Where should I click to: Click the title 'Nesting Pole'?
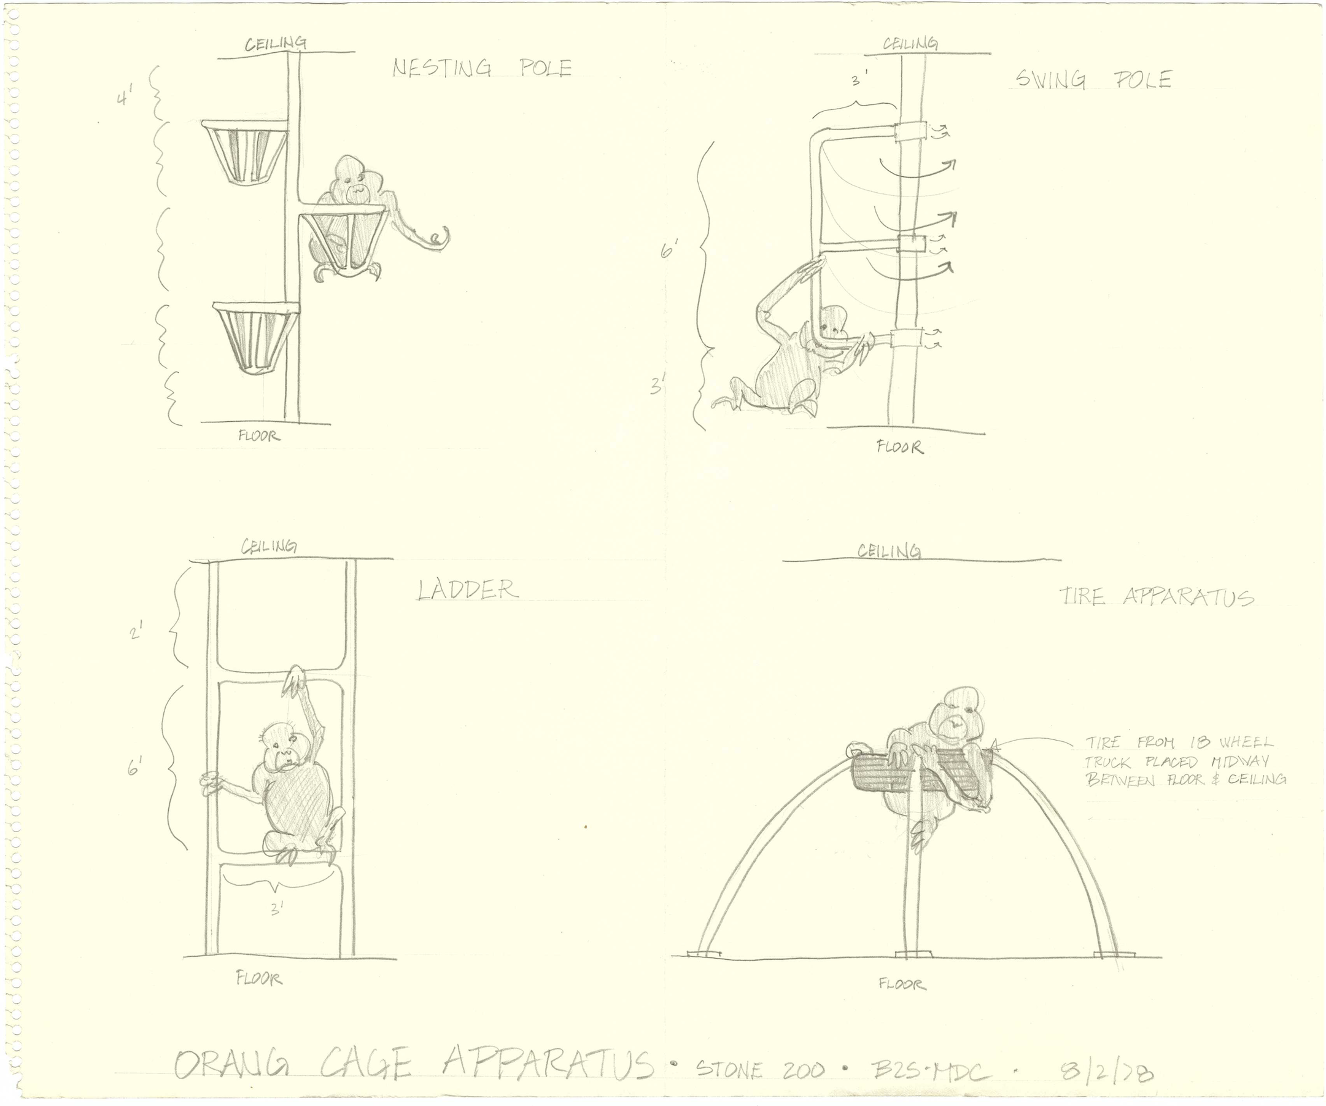tap(482, 68)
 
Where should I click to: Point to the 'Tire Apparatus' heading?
tap(1157, 597)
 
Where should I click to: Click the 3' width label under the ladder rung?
tap(277, 908)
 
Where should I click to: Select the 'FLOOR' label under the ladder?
tap(259, 979)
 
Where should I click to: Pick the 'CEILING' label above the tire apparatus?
tap(888, 551)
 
